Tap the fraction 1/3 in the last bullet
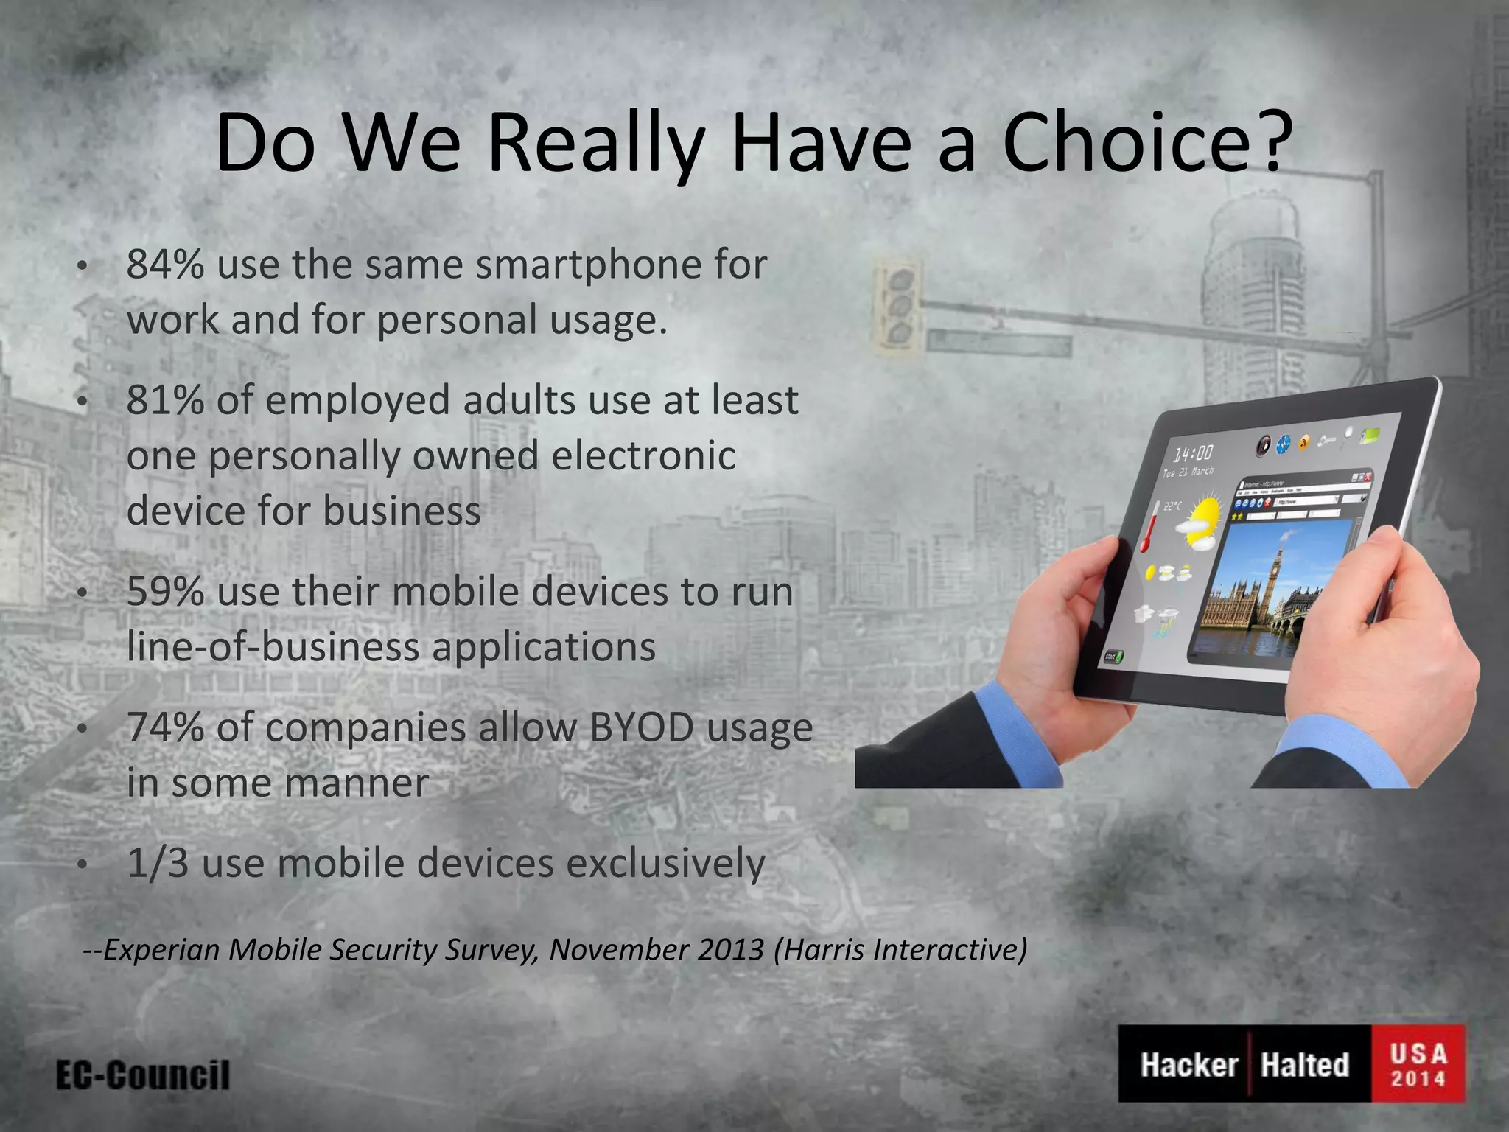[158, 864]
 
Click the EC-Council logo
[143, 1075]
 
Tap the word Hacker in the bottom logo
[1188, 1065]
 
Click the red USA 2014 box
[1418, 1063]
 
